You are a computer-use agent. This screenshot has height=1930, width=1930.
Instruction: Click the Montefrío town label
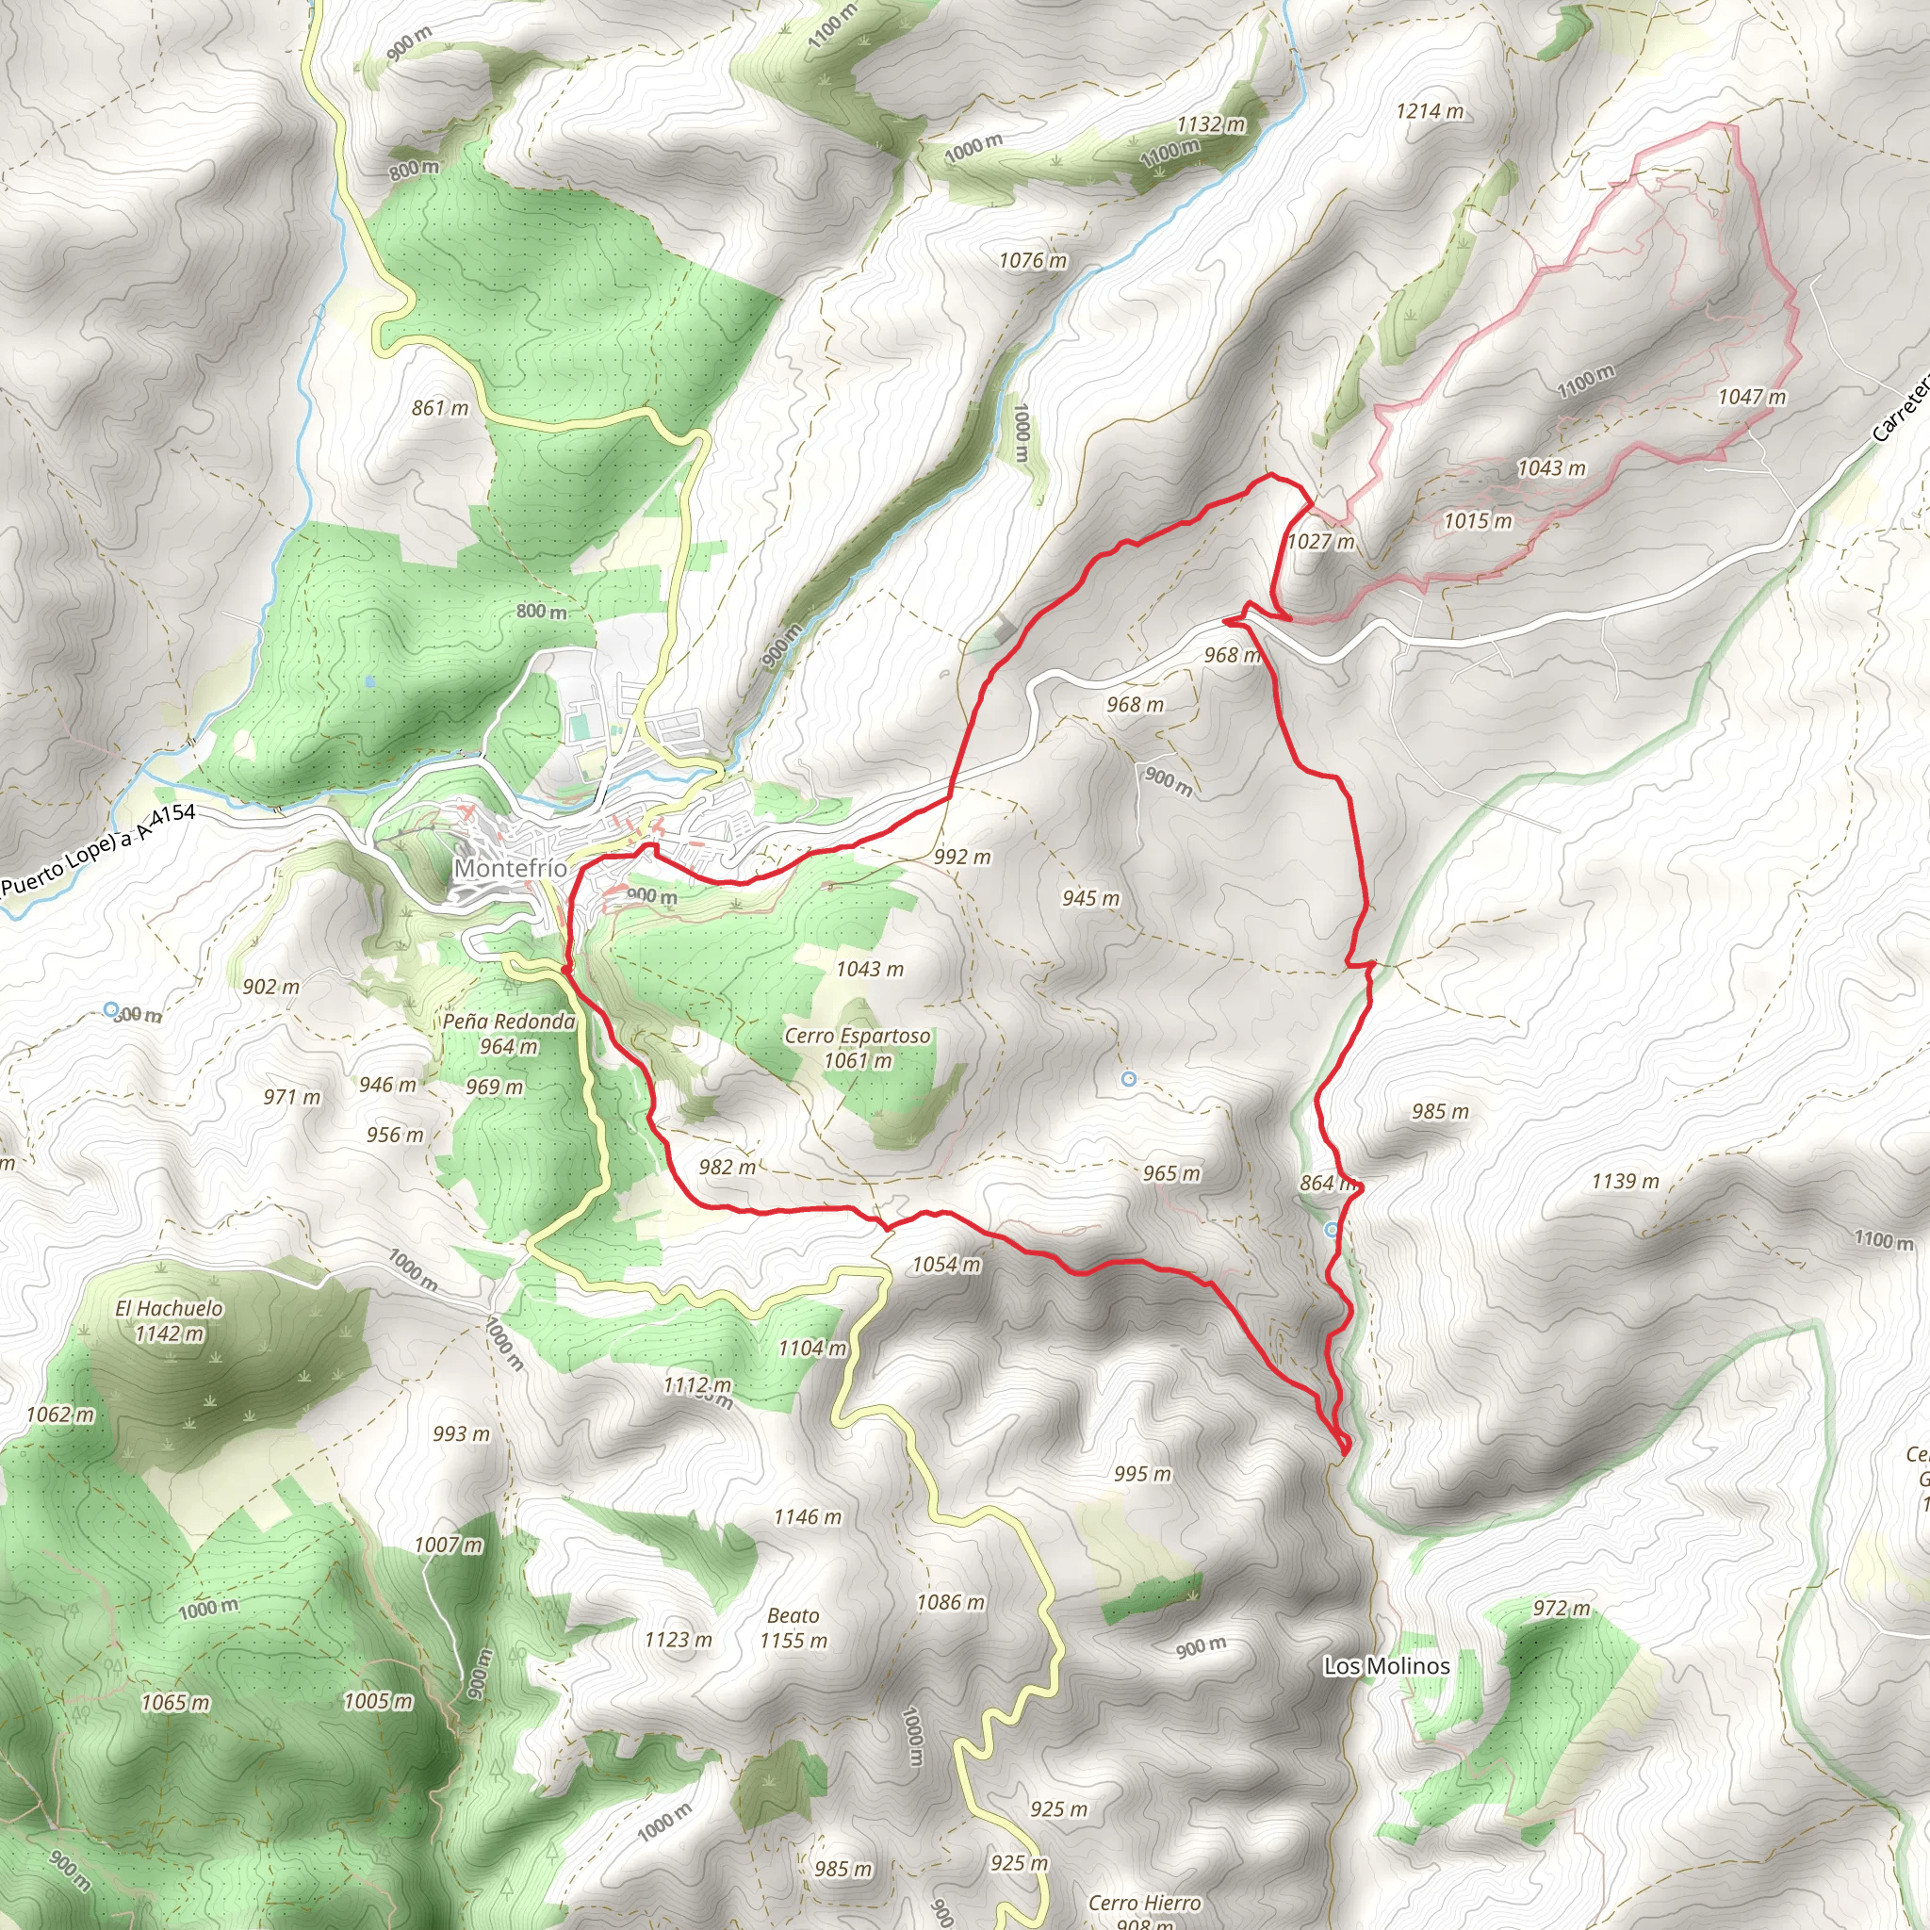[x=511, y=868]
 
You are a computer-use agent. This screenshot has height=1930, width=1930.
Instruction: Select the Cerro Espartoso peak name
[x=858, y=1036]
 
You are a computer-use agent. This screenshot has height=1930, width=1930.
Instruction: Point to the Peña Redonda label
[x=509, y=1021]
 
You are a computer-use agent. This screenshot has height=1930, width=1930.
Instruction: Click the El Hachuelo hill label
[x=169, y=1308]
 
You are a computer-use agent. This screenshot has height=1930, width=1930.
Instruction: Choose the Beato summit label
[x=793, y=1615]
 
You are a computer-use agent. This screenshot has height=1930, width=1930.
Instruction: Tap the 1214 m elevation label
[x=1430, y=111]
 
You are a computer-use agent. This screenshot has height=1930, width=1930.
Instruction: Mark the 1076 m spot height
[x=1033, y=261]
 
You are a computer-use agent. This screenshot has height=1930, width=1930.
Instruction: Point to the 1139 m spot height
[x=1626, y=1182]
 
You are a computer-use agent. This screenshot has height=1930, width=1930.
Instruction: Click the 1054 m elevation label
[x=946, y=1265]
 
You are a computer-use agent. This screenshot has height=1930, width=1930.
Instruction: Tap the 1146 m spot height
[x=808, y=1517]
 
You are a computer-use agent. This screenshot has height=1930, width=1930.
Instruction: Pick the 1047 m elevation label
[x=1752, y=397]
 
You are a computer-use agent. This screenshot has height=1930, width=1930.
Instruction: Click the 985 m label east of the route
[x=1441, y=1111]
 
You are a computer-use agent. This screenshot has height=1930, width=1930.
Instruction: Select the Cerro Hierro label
[x=1145, y=1903]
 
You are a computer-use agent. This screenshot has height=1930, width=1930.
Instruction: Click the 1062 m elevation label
[x=60, y=1414]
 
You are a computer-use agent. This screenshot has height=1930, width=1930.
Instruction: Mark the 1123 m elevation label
[x=679, y=1640]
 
